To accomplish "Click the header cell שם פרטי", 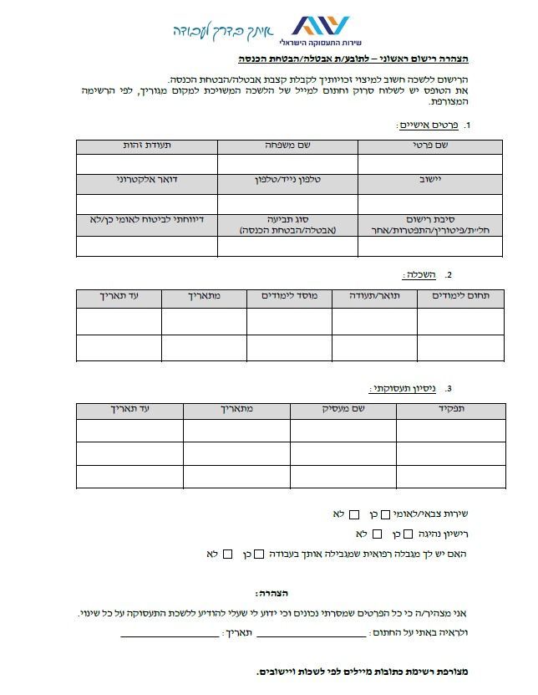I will (x=431, y=146).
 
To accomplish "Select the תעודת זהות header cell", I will (x=146, y=146).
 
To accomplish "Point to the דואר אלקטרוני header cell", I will (x=146, y=181).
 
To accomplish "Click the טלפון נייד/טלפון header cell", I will (x=287, y=181).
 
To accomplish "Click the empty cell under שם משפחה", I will (x=287, y=164).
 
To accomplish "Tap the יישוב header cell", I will (x=431, y=181).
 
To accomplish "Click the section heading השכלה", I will (x=421, y=274).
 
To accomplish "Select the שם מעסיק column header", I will (x=343, y=410).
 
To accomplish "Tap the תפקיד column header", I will (x=451, y=410).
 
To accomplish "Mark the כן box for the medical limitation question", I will (x=259, y=554).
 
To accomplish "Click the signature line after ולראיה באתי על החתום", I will (x=311, y=636).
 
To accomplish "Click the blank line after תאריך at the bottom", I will (x=170, y=636).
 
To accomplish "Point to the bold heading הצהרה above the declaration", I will (x=272, y=593).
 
